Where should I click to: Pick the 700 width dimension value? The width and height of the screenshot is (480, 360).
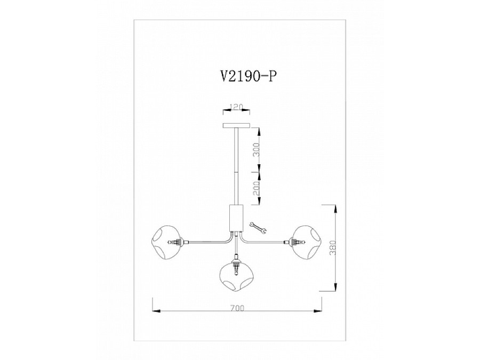tap(238, 308)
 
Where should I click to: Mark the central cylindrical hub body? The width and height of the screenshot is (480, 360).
tap(235, 217)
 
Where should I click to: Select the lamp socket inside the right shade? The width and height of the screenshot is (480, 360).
tap(293, 241)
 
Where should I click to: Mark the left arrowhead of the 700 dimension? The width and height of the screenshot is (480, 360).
tap(155, 311)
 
